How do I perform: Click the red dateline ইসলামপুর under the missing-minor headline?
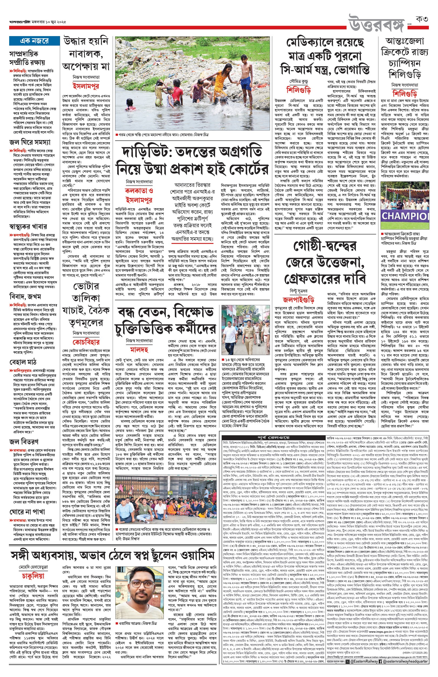point(86,86)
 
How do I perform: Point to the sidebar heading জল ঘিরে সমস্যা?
point(30,142)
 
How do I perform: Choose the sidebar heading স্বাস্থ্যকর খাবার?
point(28,227)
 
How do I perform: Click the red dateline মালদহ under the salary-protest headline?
point(139,349)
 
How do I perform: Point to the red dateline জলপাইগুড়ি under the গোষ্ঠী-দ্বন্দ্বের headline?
point(298,300)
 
